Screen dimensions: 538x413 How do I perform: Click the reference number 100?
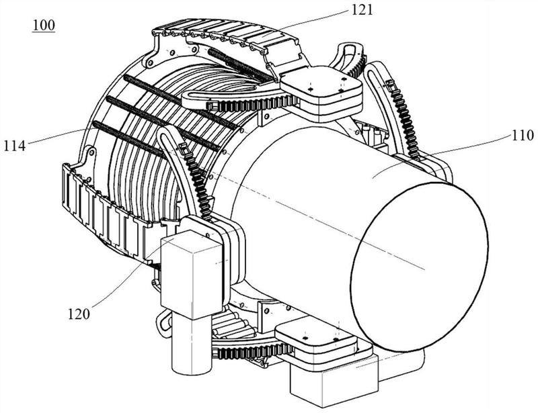click(x=44, y=26)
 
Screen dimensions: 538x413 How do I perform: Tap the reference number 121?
click(x=361, y=10)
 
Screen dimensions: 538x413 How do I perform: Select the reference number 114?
click(x=14, y=146)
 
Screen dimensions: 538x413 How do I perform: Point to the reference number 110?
click(x=523, y=136)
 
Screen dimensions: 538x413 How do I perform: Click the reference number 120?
click(x=79, y=314)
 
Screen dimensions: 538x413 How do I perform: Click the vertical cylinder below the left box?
click(x=192, y=344)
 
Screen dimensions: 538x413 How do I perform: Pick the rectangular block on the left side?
click(x=192, y=273)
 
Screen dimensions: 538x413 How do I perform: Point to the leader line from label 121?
click(x=311, y=20)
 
